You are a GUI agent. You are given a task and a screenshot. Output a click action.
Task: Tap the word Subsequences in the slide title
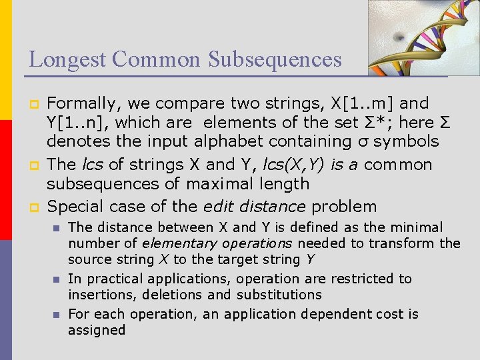pos(275,59)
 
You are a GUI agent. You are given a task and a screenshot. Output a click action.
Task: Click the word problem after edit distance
pos(344,207)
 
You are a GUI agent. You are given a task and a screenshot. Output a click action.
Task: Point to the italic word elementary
pos(177,243)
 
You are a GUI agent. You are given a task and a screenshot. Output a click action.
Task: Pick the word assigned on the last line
pos(97,330)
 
